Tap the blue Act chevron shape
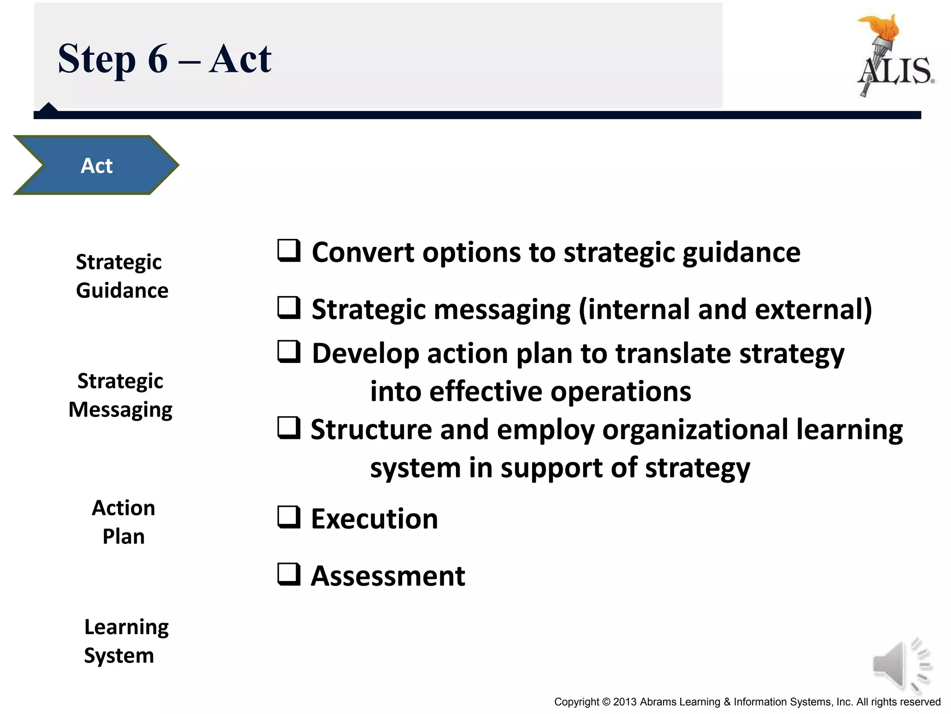point(96,165)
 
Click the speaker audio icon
point(901,665)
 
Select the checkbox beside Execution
point(289,517)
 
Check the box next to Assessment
point(289,574)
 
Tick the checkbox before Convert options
point(289,251)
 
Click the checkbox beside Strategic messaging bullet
point(289,308)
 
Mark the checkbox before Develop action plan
point(289,351)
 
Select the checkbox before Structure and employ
point(289,428)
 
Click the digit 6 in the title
point(158,59)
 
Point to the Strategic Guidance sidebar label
point(122,276)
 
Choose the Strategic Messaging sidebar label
point(120,395)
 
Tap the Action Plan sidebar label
point(124,522)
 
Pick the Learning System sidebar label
point(126,641)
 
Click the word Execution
point(374,519)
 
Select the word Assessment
point(388,576)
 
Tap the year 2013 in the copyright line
point(625,702)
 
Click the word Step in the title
point(97,59)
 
